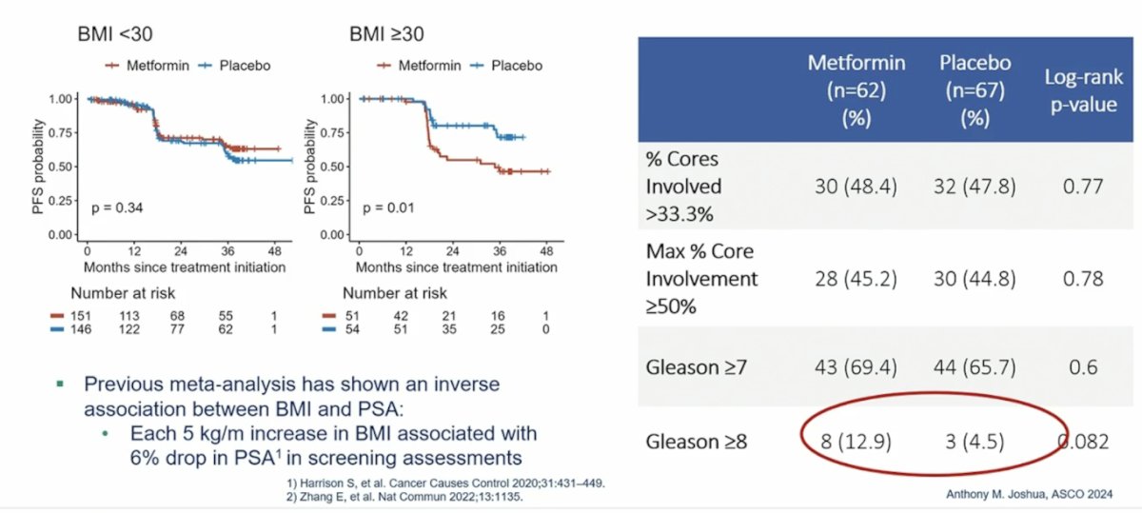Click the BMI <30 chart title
point(115,34)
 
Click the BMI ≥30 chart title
point(386,34)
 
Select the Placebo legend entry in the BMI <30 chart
point(235,66)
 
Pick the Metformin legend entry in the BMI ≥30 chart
point(419,66)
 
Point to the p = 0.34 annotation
point(117,208)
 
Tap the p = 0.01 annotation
point(388,208)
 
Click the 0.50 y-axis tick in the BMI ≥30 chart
point(331,167)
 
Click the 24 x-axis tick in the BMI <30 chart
point(181,251)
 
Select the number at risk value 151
point(81,316)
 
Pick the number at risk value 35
point(449,329)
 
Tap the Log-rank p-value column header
point(1083,90)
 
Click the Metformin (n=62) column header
point(856,90)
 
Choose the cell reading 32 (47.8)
point(975,187)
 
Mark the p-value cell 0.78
point(1083,279)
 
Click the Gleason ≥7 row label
point(697,367)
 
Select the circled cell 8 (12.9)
point(856,442)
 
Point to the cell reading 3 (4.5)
point(975,442)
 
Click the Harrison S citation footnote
point(445,483)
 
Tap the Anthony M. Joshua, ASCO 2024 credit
point(1030,494)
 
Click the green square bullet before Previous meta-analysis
point(60,384)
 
